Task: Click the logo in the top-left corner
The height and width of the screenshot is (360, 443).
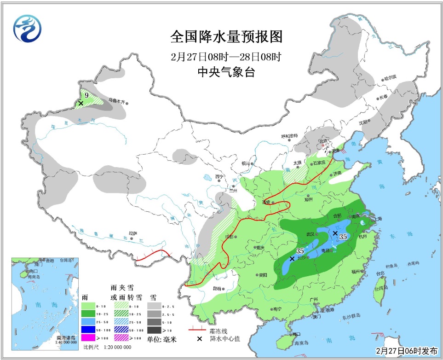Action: pyautogui.click(x=27, y=28)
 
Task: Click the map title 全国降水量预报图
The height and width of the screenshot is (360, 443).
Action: pyautogui.click(x=225, y=36)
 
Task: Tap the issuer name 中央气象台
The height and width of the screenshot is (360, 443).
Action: pyautogui.click(x=225, y=72)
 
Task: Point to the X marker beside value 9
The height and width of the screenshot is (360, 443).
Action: pyautogui.click(x=81, y=104)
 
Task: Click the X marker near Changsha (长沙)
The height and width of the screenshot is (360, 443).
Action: pyautogui.click(x=292, y=259)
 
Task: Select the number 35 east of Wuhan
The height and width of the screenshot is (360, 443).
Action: pyautogui.click(x=343, y=237)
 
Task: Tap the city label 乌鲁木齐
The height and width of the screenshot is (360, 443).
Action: pyautogui.click(x=117, y=100)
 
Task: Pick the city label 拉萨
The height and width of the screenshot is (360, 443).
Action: pyautogui.click(x=133, y=233)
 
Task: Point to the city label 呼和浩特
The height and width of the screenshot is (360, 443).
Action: pyautogui.click(x=289, y=136)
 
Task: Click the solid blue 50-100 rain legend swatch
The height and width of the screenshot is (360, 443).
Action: pyautogui.click(x=91, y=330)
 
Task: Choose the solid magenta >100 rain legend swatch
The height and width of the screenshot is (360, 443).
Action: pyautogui.click(x=91, y=338)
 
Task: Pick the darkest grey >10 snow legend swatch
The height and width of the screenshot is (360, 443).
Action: pyautogui.click(x=156, y=330)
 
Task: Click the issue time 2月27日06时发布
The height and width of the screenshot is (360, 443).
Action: pyautogui.click(x=407, y=351)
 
